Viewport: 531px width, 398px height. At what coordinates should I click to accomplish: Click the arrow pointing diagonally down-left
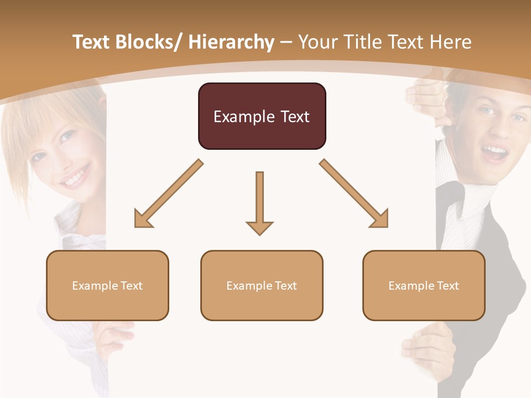[167, 195]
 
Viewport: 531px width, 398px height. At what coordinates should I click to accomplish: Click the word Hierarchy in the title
[231, 42]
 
